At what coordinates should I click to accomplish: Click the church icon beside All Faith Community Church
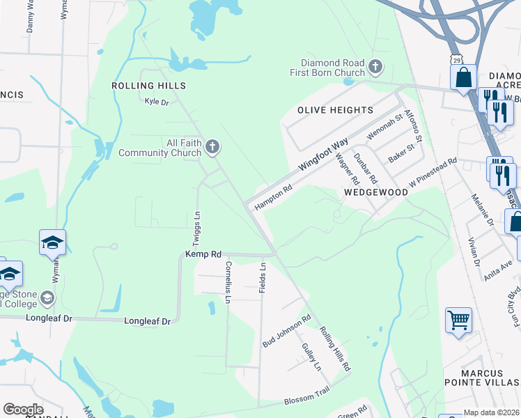coord(213,147)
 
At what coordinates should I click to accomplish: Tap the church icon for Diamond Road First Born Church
coord(375,67)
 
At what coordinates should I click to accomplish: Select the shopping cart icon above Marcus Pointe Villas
coord(458,322)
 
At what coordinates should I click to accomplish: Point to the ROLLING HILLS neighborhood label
coord(149,86)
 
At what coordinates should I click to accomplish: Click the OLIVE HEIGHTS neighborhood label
coord(335,110)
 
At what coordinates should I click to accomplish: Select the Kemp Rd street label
coord(203,255)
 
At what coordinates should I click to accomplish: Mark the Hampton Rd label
coord(273,197)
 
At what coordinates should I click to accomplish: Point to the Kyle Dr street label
coord(157,102)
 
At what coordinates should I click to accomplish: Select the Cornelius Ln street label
coord(227,283)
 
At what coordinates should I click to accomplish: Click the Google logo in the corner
coord(23,410)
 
